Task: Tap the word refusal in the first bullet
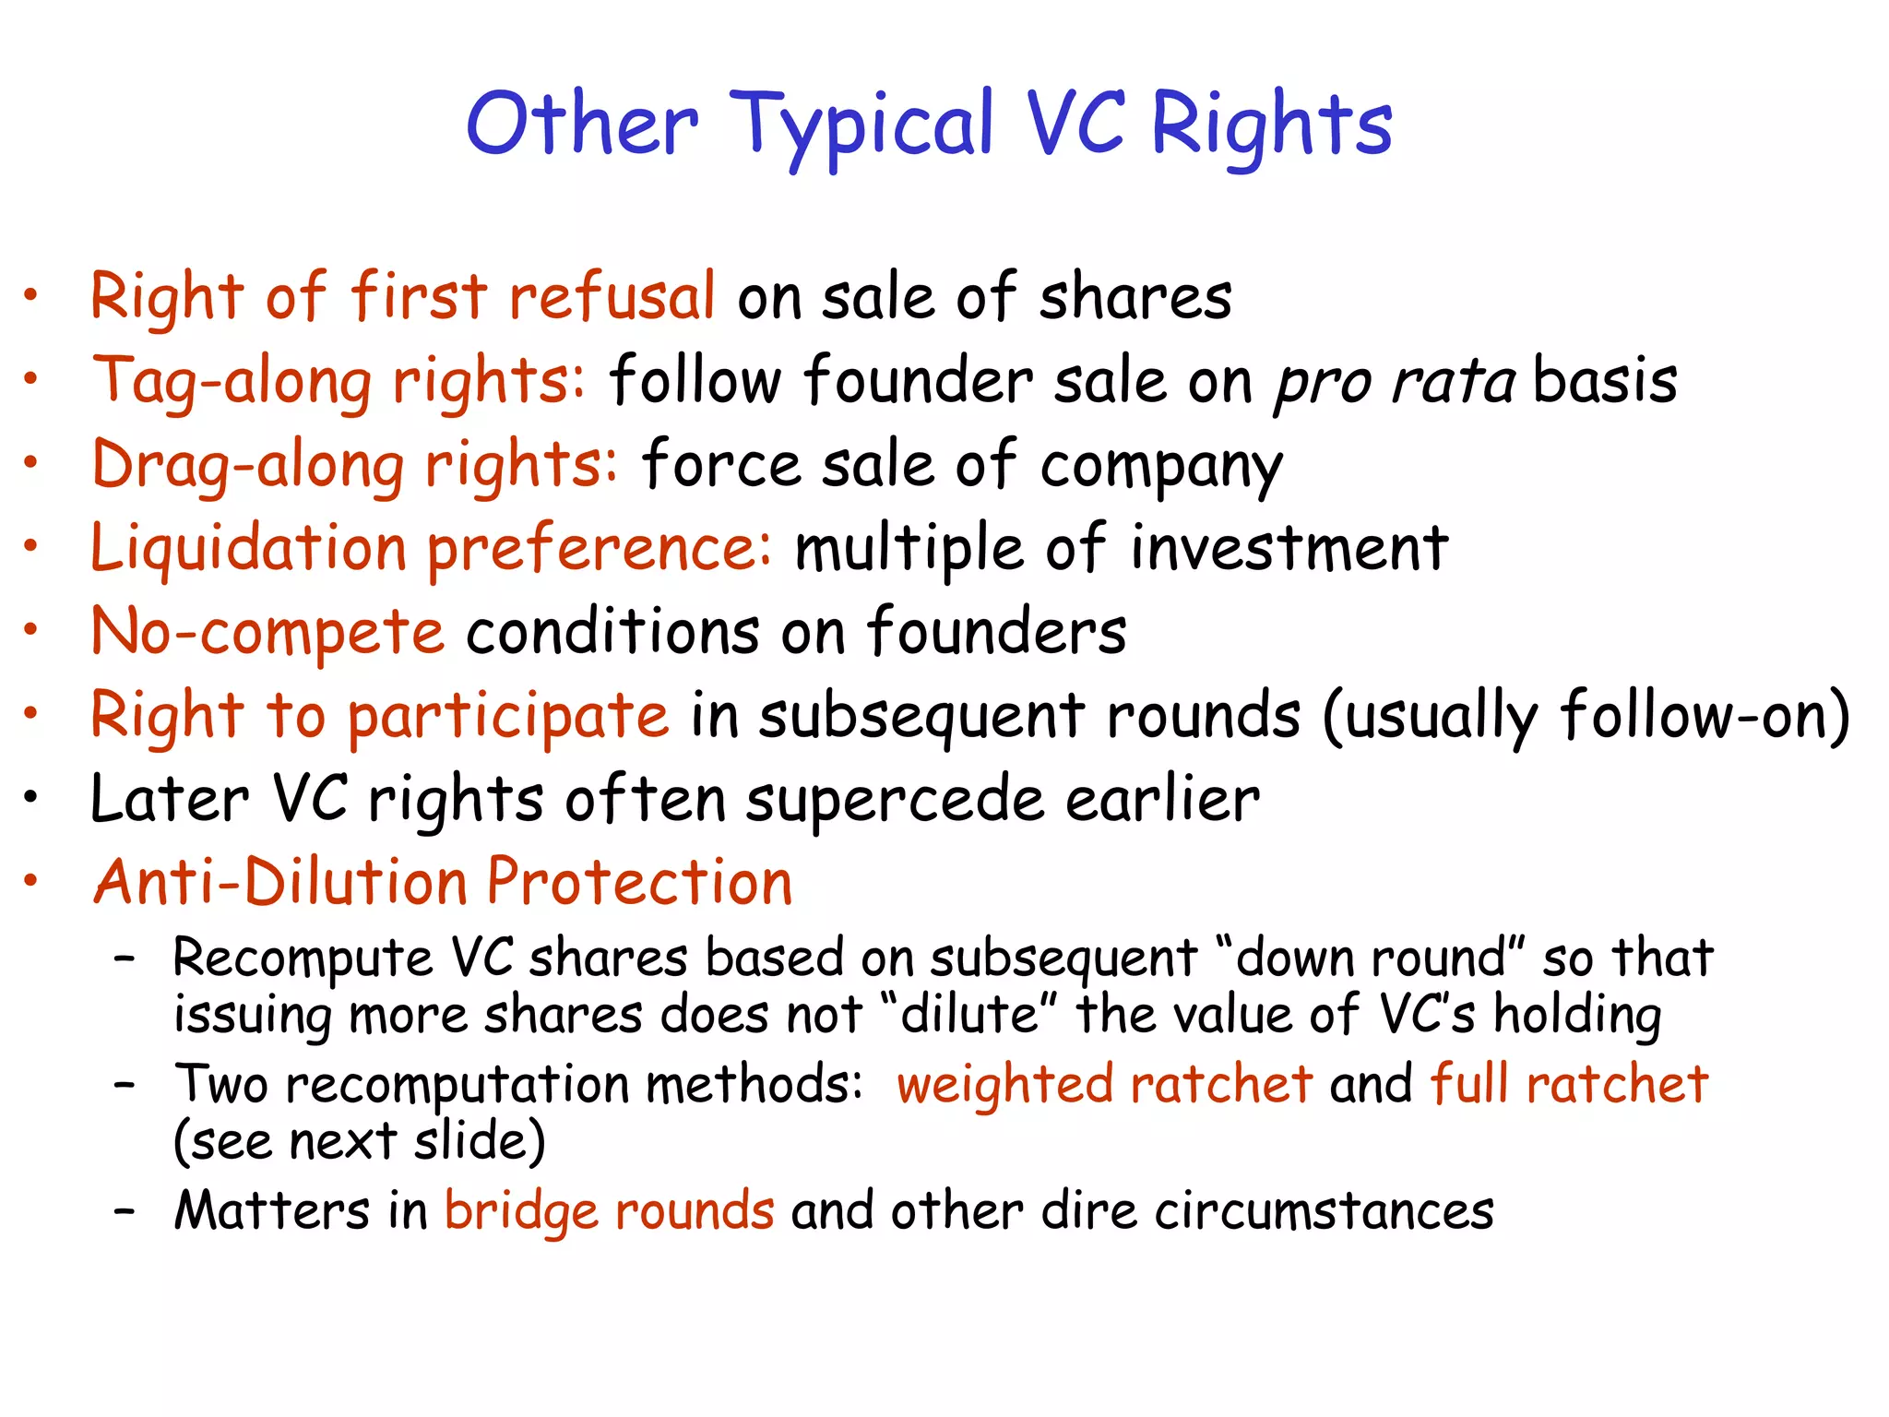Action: (x=612, y=297)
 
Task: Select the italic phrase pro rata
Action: (x=1394, y=381)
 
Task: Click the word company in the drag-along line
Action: (x=1161, y=467)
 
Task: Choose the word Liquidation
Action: (x=248, y=548)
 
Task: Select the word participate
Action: (x=508, y=717)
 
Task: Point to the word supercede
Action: (x=895, y=800)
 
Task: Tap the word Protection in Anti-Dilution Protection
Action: (x=639, y=882)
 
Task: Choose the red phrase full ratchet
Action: (x=1569, y=1084)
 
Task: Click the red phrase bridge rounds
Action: (x=610, y=1210)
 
